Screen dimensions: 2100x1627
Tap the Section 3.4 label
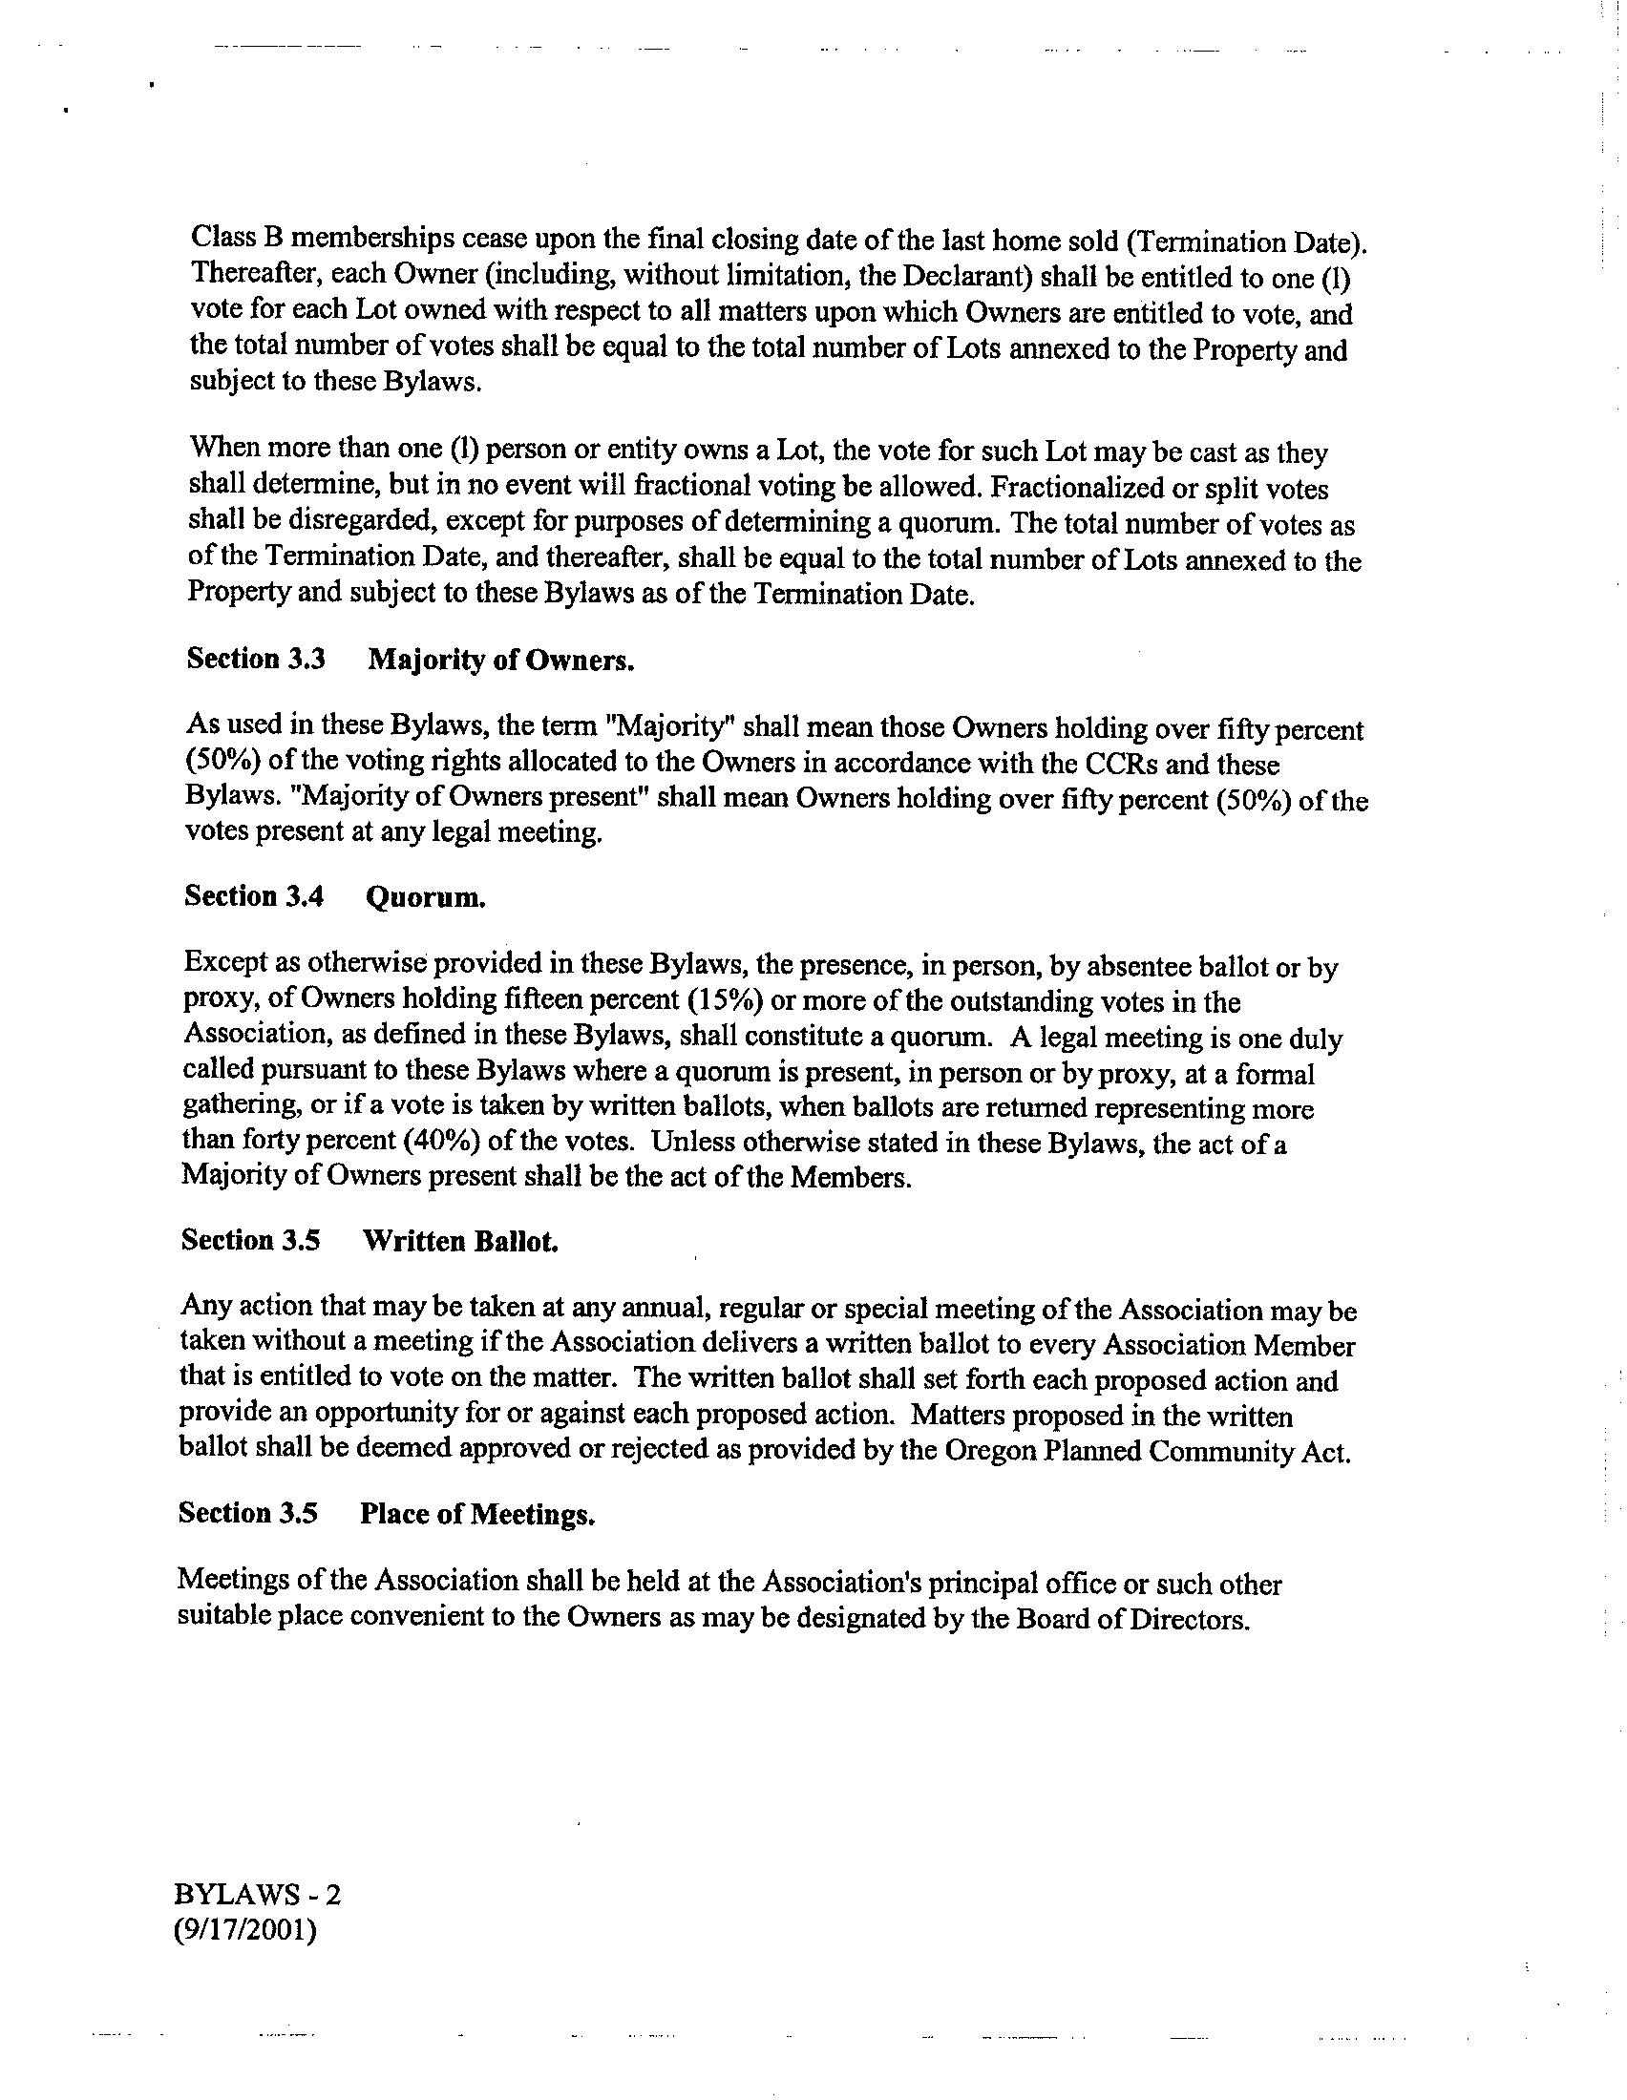[254, 896]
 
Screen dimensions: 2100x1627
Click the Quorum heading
[425, 898]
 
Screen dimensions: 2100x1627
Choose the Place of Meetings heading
[477, 1515]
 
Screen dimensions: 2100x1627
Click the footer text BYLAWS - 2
[257, 1894]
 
